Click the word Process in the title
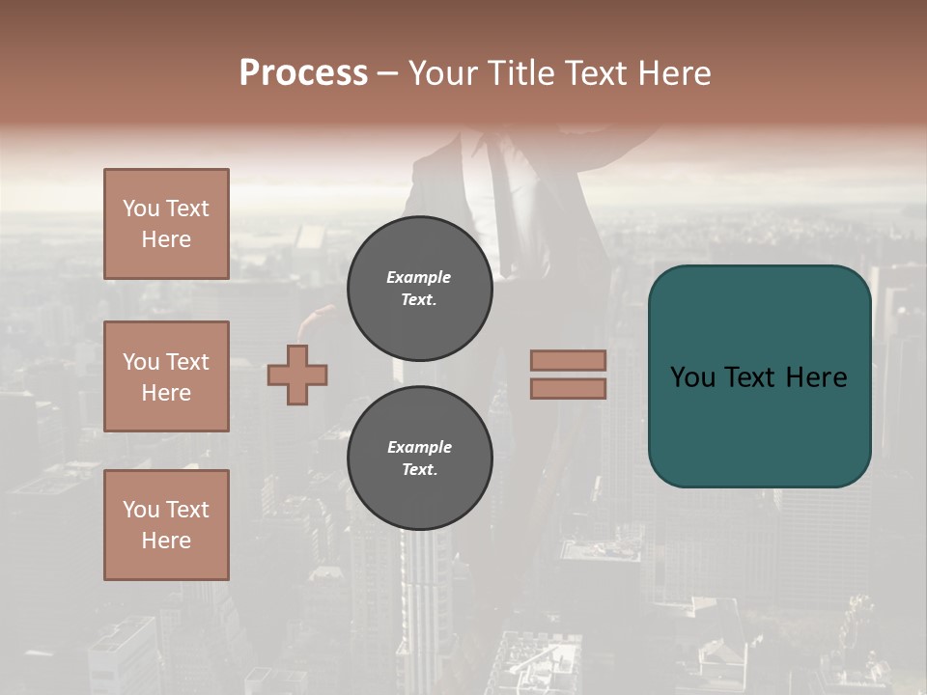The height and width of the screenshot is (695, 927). click(x=303, y=73)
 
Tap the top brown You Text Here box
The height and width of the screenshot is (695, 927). click(x=166, y=224)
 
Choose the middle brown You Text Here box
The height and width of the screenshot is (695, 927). click(x=166, y=376)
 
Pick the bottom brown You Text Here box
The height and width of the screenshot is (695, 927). click(x=166, y=525)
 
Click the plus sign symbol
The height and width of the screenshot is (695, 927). click(x=297, y=375)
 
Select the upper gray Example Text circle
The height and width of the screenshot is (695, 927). click(x=419, y=289)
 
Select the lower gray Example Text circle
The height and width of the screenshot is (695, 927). click(x=419, y=459)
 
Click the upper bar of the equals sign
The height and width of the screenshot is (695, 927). click(x=569, y=360)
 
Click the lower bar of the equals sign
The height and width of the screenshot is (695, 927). click(x=569, y=388)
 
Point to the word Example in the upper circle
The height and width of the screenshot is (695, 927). click(x=419, y=277)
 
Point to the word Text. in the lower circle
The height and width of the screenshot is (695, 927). click(x=419, y=470)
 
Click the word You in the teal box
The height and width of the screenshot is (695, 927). click(x=693, y=377)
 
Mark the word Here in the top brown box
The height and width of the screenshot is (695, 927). click(x=166, y=239)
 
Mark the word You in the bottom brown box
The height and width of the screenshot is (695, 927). click(x=141, y=510)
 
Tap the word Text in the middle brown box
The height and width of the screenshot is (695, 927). click(x=186, y=362)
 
